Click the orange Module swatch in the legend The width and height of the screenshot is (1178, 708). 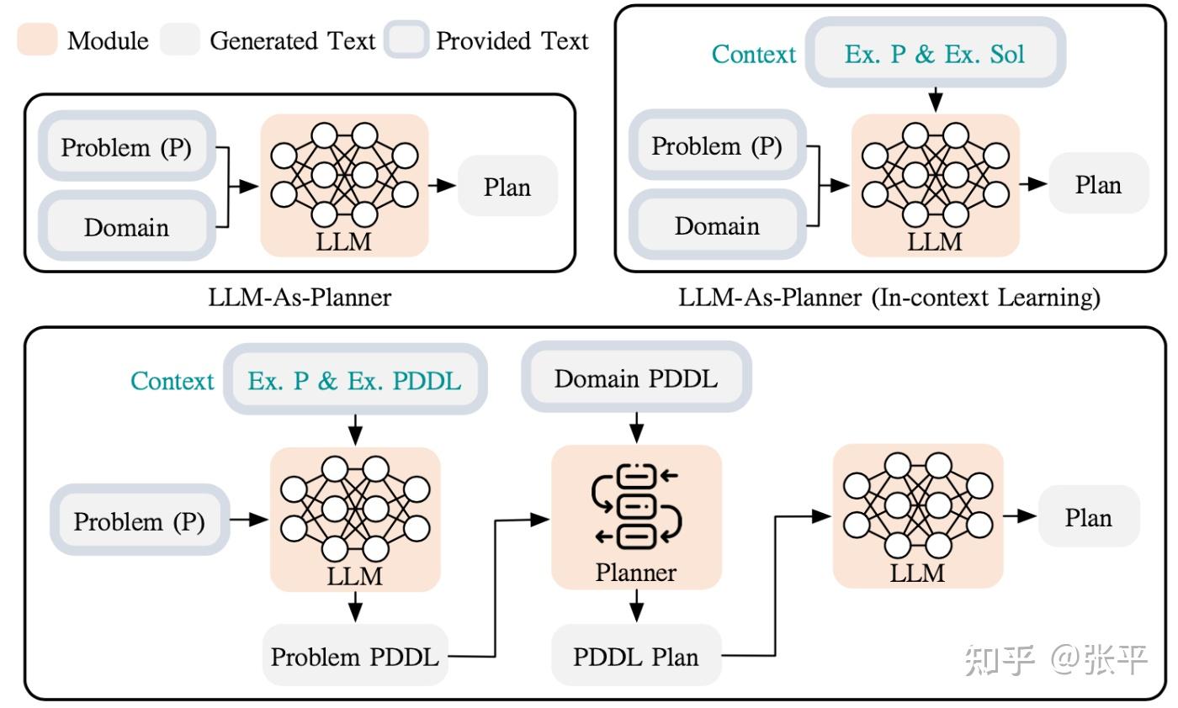pos(37,40)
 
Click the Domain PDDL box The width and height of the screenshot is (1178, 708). pos(636,378)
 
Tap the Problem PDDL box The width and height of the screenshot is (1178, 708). pos(355,656)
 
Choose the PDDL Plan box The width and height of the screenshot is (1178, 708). pos(636,656)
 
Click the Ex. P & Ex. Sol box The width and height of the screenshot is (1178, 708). pos(935,54)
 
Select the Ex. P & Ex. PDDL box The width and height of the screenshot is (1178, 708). pos(354,380)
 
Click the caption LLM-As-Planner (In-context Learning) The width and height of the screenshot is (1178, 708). pos(889,297)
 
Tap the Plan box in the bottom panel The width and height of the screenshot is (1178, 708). pos(1089,517)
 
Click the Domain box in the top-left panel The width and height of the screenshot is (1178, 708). pos(126,227)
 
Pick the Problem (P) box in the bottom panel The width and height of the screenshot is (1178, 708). pos(140,520)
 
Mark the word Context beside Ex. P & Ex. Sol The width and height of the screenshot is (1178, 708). pos(754,55)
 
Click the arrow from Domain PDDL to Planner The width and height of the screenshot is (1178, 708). pos(637,425)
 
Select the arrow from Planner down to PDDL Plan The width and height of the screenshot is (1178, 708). pos(637,606)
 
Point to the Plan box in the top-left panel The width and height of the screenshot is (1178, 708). pos(507,186)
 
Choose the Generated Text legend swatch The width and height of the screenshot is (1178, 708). pos(179,40)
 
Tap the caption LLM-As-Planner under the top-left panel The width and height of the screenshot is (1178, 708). pos(300,297)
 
